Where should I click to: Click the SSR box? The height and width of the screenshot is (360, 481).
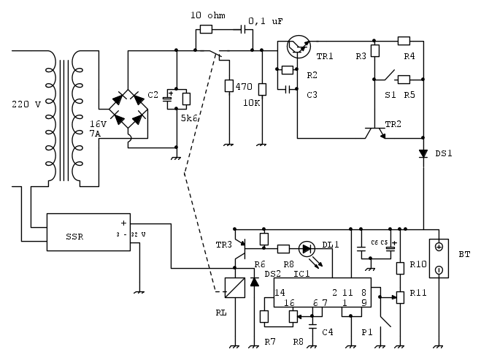[88, 232]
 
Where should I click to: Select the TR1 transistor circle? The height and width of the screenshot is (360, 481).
[299, 46]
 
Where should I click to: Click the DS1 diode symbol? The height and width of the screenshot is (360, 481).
[423, 154]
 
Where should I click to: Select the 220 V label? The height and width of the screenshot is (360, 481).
[27, 104]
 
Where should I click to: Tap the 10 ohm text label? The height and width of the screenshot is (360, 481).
[208, 16]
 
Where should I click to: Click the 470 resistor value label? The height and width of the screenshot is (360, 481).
[245, 87]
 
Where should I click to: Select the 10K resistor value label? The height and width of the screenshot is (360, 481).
[252, 103]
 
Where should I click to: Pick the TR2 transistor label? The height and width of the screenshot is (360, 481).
[394, 123]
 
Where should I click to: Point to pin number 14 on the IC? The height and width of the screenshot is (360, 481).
[280, 292]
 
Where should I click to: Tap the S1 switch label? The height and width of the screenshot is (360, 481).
[390, 94]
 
